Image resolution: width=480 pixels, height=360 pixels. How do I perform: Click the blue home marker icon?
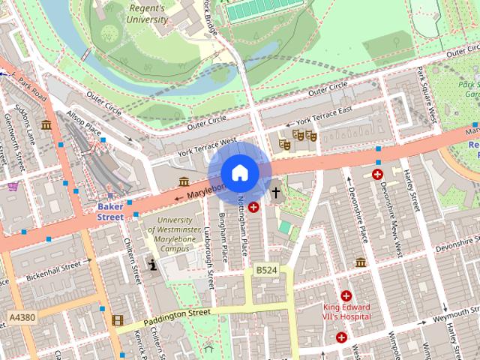coord(240,172)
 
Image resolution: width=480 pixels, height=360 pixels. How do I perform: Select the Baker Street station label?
coord(110,211)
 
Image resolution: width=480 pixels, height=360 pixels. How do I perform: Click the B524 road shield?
coord(266,270)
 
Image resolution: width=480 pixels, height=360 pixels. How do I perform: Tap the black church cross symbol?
coord(275,193)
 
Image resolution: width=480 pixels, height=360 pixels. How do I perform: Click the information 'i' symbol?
coord(153,264)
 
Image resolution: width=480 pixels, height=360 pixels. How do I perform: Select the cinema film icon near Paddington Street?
coord(117,320)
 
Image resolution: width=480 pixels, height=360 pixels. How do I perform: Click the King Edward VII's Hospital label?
coord(347,312)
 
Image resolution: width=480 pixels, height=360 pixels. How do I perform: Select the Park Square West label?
coord(427,94)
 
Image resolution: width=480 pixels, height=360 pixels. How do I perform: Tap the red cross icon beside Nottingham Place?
coord(253,206)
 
